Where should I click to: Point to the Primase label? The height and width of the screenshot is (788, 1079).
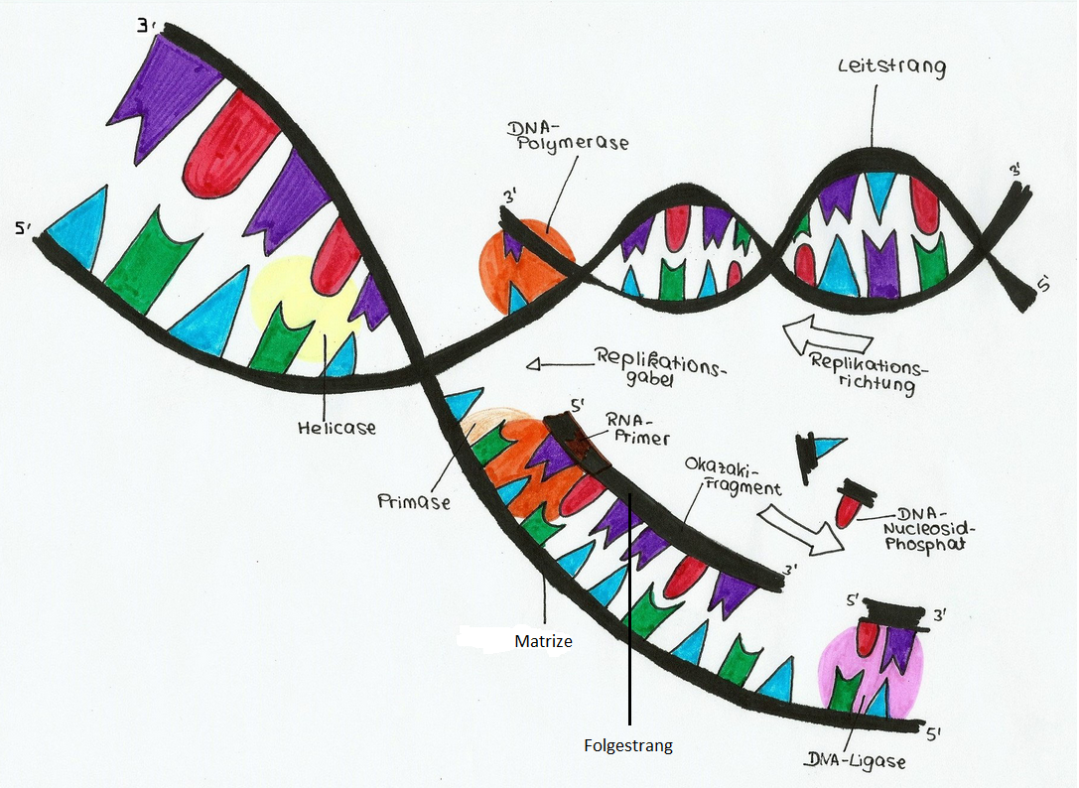413,501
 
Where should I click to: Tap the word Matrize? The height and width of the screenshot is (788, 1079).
543,641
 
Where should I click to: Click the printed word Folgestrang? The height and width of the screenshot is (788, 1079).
627,745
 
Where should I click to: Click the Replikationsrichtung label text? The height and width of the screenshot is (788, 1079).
867,372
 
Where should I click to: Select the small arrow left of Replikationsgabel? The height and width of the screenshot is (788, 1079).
555,364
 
